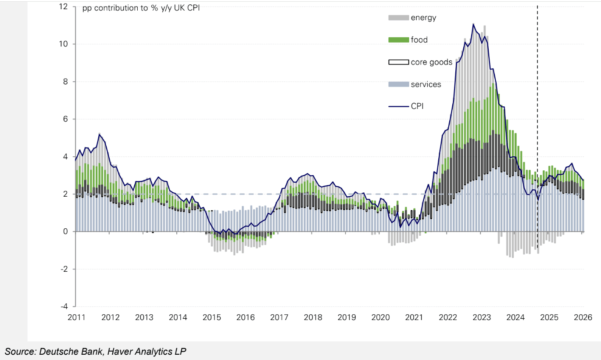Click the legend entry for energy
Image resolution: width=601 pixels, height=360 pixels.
pos(423,18)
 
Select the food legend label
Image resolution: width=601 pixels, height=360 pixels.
pos(419,40)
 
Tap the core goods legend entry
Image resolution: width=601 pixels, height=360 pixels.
pos(431,62)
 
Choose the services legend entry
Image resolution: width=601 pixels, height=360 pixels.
pos(426,84)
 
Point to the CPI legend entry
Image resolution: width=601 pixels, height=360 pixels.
pos(417,106)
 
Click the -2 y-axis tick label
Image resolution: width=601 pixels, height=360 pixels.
pos(65,269)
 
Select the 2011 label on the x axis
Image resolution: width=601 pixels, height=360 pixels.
pos(77,317)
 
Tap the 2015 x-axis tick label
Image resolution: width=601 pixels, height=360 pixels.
pos(211,317)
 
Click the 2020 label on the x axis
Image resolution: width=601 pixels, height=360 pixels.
pos(380,317)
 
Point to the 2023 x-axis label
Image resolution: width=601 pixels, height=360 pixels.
pos(482,317)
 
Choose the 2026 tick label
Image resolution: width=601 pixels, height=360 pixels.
pos(583,317)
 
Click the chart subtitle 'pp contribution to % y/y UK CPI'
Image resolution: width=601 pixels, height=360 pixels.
pos(141,8)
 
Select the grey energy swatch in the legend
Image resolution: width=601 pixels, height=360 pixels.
pos(398,18)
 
